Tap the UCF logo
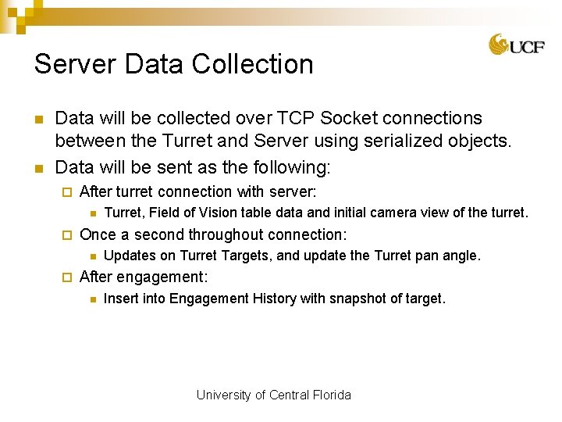click(x=517, y=45)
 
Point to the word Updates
click(x=129, y=256)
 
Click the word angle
click(x=461, y=256)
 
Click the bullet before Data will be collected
click(x=37, y=120)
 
